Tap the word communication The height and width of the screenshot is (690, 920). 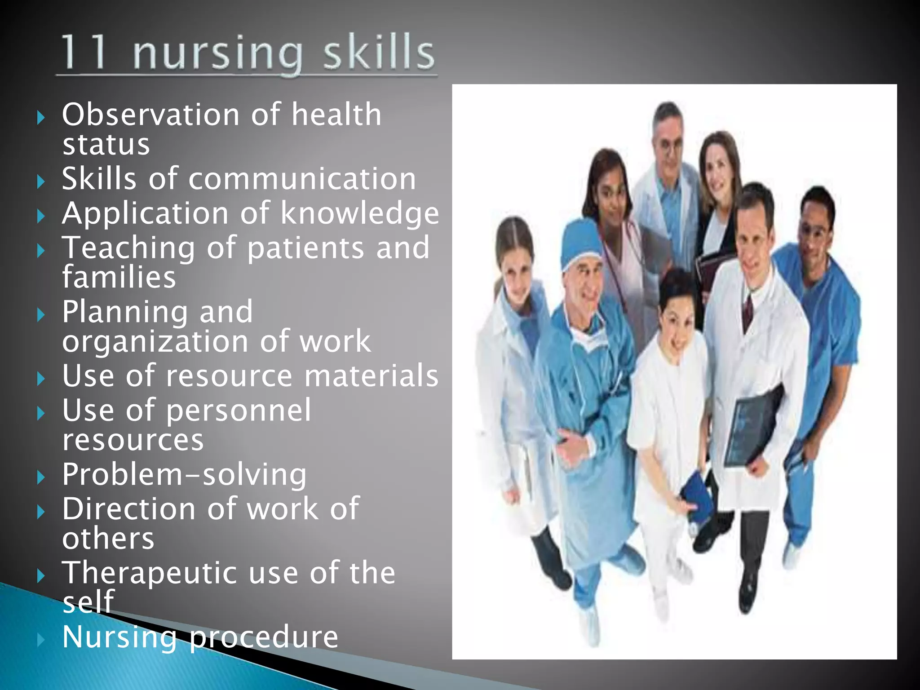coord(302,179)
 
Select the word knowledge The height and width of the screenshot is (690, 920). coord(359,213)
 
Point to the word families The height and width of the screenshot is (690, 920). coord(119,277)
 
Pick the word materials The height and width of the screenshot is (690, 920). coord(371,376)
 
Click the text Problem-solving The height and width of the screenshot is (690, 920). coord(184,474)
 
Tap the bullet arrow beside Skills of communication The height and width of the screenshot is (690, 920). coord(41,182)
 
